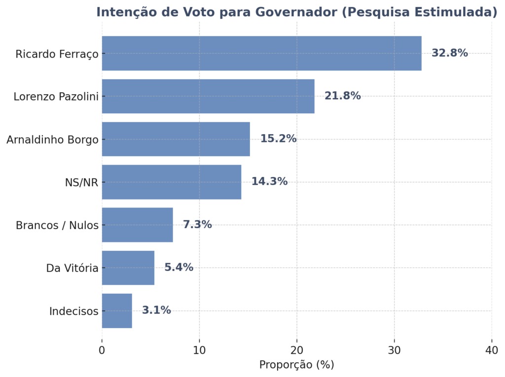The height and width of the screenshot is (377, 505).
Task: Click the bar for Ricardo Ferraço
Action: click(x=261, y=53)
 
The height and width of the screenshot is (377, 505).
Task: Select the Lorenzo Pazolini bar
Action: click(x=208, y=96)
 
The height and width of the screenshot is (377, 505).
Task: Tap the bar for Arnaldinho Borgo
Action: click(x=176, y=139)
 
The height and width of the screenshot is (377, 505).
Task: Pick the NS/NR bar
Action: click(x=172, y=182)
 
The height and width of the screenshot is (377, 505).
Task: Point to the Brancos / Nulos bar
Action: click(x=137, y=225)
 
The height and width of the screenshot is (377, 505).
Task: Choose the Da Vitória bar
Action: click(x=128, y=268)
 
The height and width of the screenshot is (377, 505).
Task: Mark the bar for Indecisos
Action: click(x=117, y=310)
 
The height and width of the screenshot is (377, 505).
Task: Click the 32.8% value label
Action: click(x=449, y=53)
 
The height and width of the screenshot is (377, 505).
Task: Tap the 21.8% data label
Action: click(x=342, y=96)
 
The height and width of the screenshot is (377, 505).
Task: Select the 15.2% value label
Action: click(x=278, y=139)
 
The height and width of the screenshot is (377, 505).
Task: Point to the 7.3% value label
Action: click(x=197, y=225)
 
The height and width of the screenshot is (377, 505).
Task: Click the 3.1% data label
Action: click(x=156, y=310)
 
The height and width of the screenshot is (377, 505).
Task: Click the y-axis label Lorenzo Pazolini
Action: click(x=56, y=97)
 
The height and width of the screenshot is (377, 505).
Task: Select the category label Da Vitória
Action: click(x=72, y=268)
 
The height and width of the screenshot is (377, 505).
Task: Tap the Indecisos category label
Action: click(x=73, y=311)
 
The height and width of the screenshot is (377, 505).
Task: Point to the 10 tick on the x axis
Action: click(x=199, y=350)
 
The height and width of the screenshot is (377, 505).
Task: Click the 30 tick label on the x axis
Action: click(x=394, y=350)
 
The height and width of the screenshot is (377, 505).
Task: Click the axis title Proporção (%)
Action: click(x=296, y=365)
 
